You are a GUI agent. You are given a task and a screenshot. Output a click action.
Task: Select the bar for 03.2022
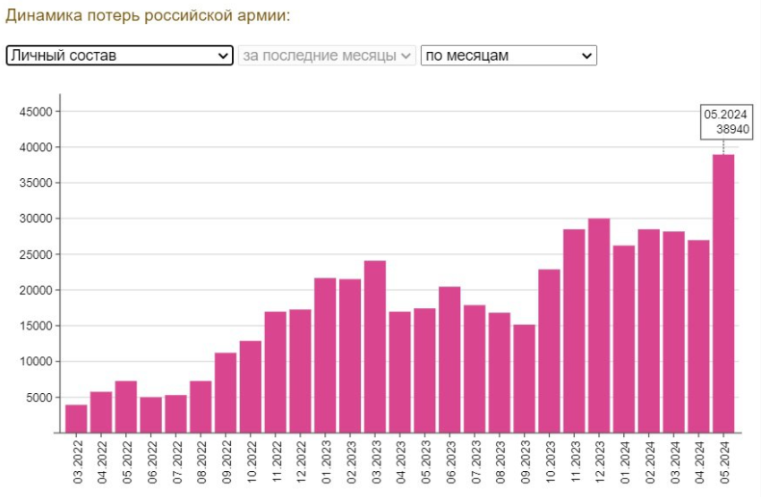pyautogui.click(x=77, y=418)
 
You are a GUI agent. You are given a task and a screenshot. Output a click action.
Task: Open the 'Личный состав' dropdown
pyautogui.click(x=119, y=56)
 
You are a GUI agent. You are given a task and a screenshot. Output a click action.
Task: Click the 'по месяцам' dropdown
pyautogui.click(x=508, y=56)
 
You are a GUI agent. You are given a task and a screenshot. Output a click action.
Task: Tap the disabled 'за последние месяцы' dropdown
pyautogui.click(x=327, y=56)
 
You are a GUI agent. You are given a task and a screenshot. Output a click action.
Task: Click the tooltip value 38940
pyautogui.click(x=732, y=129)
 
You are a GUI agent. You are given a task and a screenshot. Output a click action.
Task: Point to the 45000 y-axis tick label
pyautogui.click(x=37, y=112)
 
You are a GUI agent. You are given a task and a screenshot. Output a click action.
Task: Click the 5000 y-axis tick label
pyautogui.click(x=40, y=398)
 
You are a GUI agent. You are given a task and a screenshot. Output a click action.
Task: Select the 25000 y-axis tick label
pyautogui.click(x=37, y=254)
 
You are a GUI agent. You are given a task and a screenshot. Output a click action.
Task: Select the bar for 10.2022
pyautogui.click(x=251, y=386)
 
